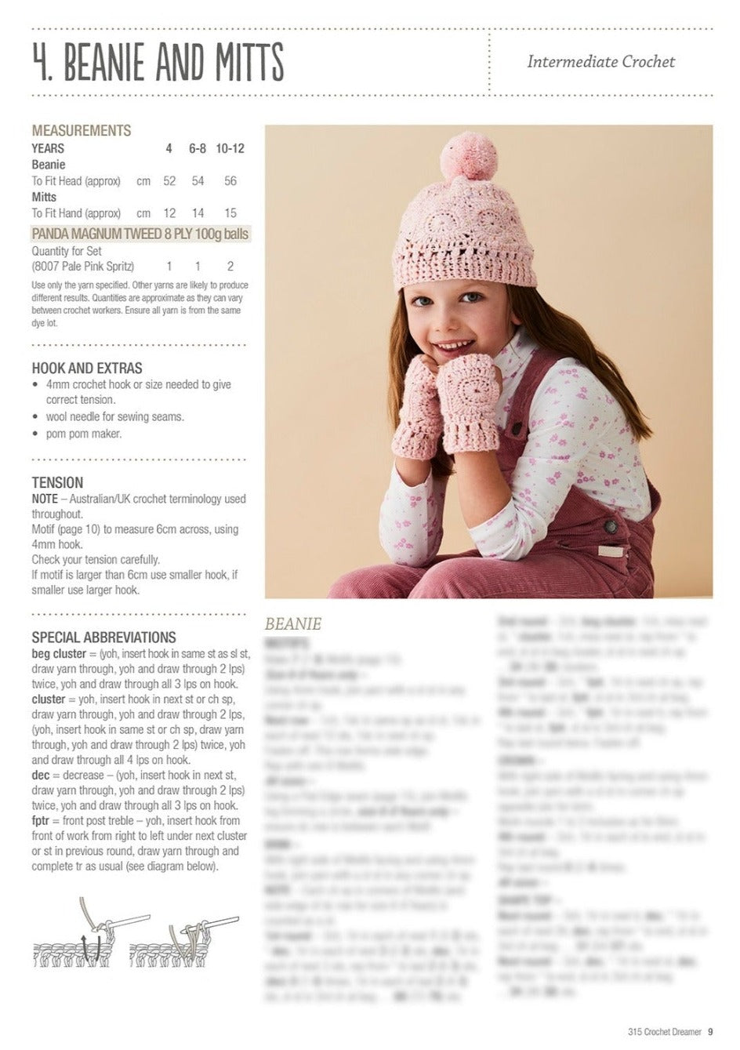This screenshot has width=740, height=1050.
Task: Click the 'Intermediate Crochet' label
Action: [x=600, y=61]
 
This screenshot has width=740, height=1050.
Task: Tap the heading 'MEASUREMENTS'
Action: [x=82, y=130]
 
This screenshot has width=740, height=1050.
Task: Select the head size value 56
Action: [x=230, y=181]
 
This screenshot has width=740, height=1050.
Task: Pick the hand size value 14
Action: [x=198, y=213]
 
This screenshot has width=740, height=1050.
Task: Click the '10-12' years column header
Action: [x=230, y=148]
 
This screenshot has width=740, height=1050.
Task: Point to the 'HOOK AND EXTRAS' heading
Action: [x=87, y=368]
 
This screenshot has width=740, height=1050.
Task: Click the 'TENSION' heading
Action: [x=57, y=482]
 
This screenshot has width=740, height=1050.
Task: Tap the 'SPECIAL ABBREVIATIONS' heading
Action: [x=103, y=638]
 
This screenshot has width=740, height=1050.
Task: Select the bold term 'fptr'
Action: [x=42, y=821]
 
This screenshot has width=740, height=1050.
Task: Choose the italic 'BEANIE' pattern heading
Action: [x=293, y=624]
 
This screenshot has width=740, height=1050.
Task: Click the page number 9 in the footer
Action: [x=709, y=1032]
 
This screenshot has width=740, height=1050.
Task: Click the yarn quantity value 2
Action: [x=230, y=267]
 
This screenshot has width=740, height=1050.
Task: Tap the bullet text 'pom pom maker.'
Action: [x=84, y=434]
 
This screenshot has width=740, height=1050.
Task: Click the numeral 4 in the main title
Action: [x=42, y=63]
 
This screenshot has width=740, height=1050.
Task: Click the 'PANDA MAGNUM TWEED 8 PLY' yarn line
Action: [x=140, y=234]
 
